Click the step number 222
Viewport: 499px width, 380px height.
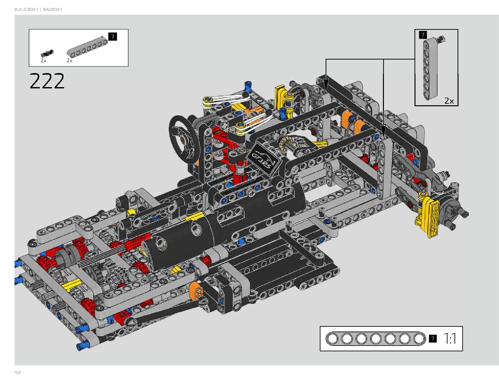[47, 81]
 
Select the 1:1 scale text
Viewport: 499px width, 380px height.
[450, 339]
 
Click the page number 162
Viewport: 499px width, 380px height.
[18, 372]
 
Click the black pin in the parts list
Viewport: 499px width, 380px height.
[47, 53]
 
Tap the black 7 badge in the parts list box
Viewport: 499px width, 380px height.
[113, 37]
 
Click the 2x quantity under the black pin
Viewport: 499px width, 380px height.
[43, 61]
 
